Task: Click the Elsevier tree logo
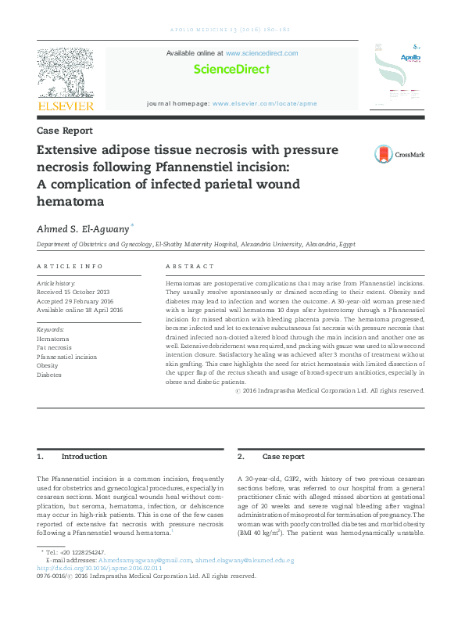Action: (x=66, y=72)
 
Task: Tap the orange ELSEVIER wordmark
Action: (x=66, y=106)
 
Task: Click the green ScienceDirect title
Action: (x=232, y=69)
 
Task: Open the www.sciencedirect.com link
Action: (x=262, y=53)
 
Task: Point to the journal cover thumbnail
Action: (x=399, y=76)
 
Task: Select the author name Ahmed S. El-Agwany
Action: (x=82, y=228)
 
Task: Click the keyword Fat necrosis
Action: (x=55, y=348)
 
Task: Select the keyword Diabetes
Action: (x=49, y=375)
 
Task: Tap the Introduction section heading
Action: (x=84, y=456)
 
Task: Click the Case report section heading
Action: (x=283, y=456)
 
